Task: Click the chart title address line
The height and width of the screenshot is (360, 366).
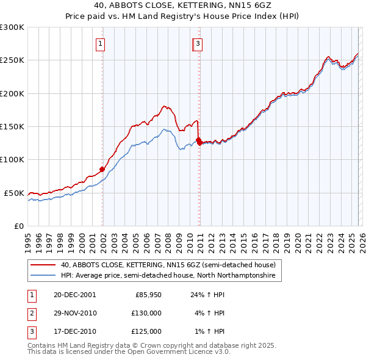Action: pyautogui.click(x=183, y=5)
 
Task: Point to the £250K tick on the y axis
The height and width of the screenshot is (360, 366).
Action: pyautogui.click(x=12, y=60)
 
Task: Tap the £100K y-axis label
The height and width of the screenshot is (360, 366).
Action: pyautogui.click(x=12, y=160)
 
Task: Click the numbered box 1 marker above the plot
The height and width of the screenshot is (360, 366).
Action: pyautogui.click(x=99, y=43)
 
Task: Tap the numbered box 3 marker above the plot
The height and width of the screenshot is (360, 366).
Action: pyautogui.click(x=199, y=43)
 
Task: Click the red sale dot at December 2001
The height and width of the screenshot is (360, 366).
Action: pyautogui.click(x=102, y=169)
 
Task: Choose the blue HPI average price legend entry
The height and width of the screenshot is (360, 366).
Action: pyautogui.click(x=168, y=276)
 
